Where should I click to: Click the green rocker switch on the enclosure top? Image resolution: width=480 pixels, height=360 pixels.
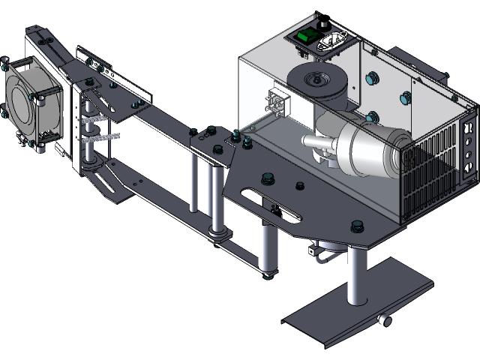click(x=306, y=36)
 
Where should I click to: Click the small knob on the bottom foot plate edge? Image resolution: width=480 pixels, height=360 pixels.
click(x=384, y=321)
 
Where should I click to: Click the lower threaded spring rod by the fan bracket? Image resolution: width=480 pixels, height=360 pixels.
click(x=101, y=137)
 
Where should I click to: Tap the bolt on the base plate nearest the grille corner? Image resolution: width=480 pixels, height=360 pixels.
click(x=356, y=225)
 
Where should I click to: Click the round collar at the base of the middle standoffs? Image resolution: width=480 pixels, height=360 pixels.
click(x=217, y=235)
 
